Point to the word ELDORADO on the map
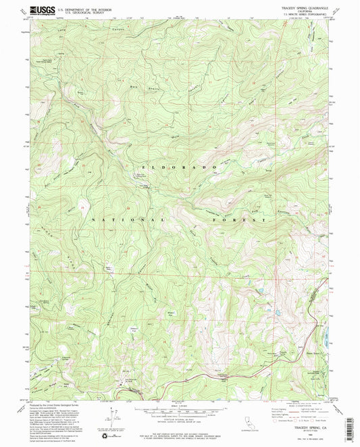pyautogui.click(x=180, y=166)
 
